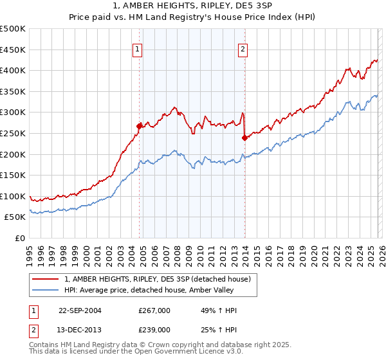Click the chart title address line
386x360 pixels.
tap(192, 6)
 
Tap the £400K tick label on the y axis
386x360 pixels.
tap(13, 71)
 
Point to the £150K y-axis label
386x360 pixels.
tap(13, 175)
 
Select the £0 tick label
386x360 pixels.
tap(19, 238)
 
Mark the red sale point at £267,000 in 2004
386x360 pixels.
tap(140, 126)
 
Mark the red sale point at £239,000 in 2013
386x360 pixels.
tap(244, 138)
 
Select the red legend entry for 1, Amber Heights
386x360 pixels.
tap(161, 279)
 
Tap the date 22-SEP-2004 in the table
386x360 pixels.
tap(80, 310)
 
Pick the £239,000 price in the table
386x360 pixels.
tap(154, 329)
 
